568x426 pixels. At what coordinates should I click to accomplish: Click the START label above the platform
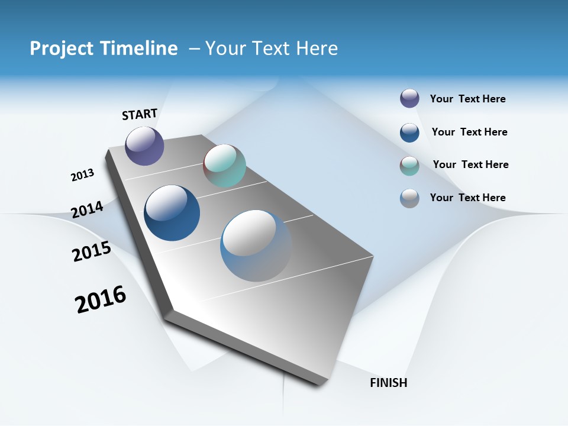(x=140, y=114)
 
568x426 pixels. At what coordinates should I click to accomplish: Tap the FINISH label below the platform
(x=388, y=383)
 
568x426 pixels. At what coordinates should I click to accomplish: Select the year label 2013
(x=82, y=175)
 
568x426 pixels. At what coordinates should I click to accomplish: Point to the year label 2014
(x=87, y=209)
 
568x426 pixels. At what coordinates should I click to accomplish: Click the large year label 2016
(x=101, y=299)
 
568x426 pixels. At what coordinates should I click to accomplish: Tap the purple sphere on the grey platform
(x=144, y=146)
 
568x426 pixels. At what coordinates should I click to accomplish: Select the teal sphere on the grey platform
(x=224, y=166)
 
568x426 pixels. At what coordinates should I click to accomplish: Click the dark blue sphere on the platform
(x=172, y=213)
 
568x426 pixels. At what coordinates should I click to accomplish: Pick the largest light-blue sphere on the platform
(x=256, y=246)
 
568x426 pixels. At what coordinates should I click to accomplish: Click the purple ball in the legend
(x=409, y=98)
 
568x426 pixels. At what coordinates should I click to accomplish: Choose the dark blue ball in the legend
(x=409, y=133)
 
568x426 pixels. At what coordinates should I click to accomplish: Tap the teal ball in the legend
(x=409, y=166)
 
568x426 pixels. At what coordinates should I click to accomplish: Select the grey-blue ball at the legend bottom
(x=409, y=198)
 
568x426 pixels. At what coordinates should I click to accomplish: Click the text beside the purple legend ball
(x=467, y=99)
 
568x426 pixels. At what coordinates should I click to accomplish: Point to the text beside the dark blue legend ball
(x=469, y=132)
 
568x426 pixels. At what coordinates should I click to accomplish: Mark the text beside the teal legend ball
(x=470, y=164)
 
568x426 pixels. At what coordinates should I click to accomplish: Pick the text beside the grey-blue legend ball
(x=467, y=198)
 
